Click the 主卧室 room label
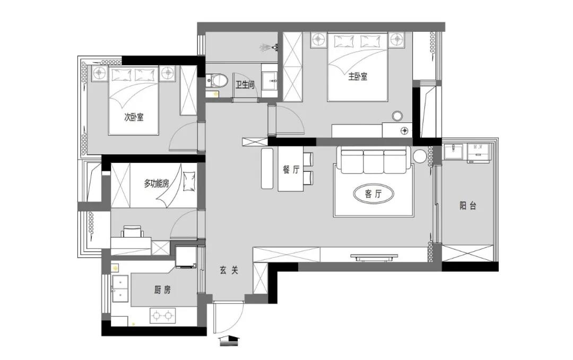tap(358, 77)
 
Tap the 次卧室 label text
tap(134, 117)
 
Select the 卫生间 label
tap(245, 85)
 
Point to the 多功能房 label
tap(157, 183)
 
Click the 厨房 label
tap(162, 290)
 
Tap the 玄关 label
tap(229, 270)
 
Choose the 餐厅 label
tap(291, 170)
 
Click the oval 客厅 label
tap(373, 194)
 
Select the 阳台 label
tap(468, 206)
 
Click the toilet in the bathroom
tap(217, 80)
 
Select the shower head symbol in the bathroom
tap(270, 47)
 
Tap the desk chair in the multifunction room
tap(132, 232)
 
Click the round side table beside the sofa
tap(420, 156)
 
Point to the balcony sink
tap(454, 152)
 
